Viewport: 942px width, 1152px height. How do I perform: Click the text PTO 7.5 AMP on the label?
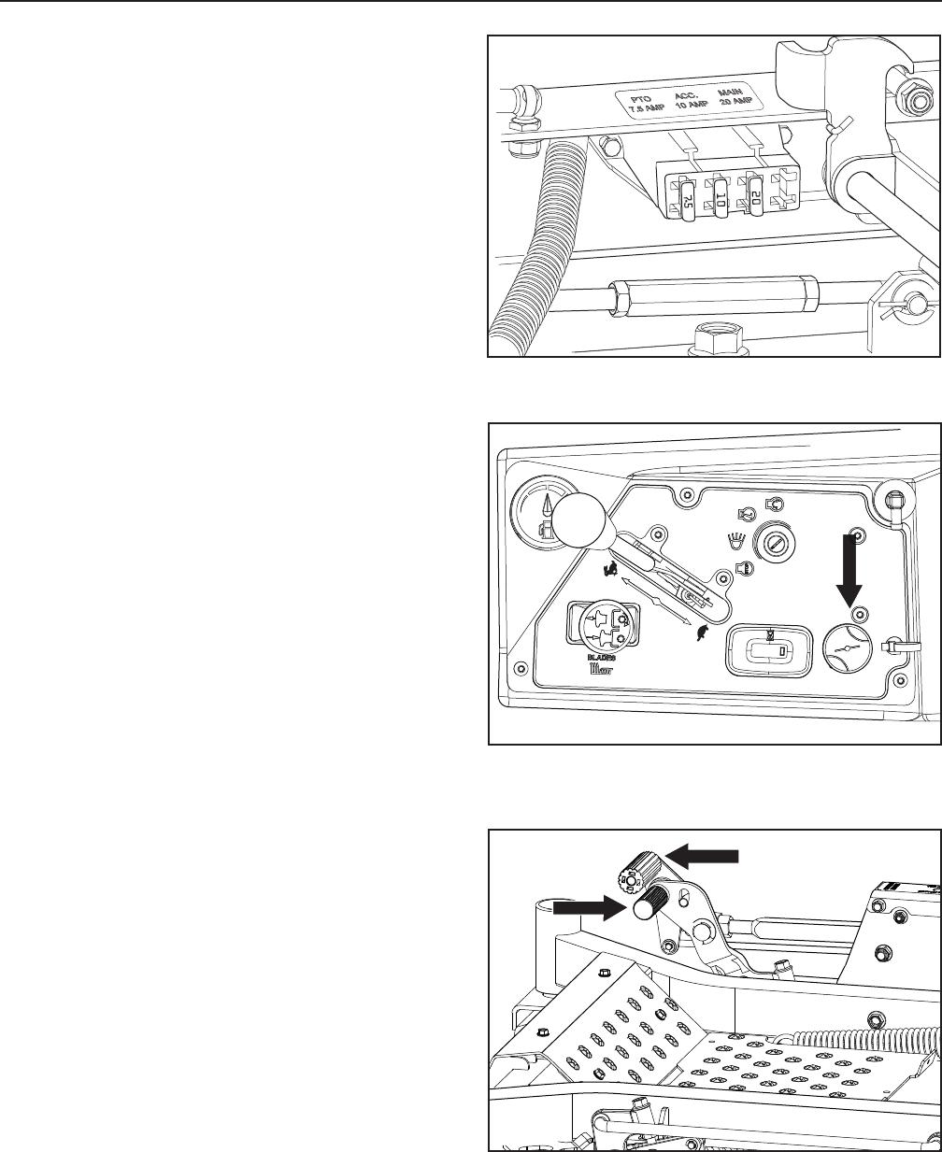[640, 104]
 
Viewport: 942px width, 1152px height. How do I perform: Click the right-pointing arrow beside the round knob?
[586, 906]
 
